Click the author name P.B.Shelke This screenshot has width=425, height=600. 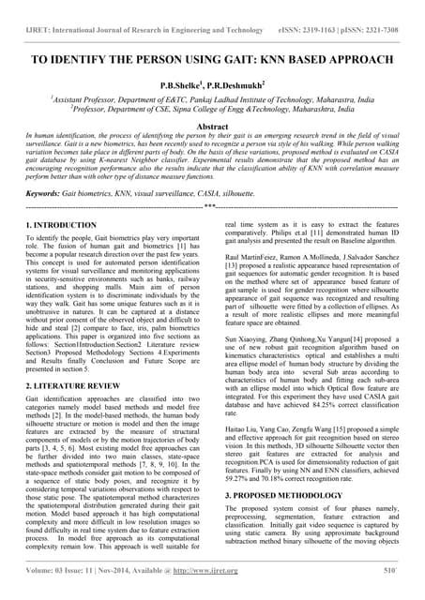coord(187,83)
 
